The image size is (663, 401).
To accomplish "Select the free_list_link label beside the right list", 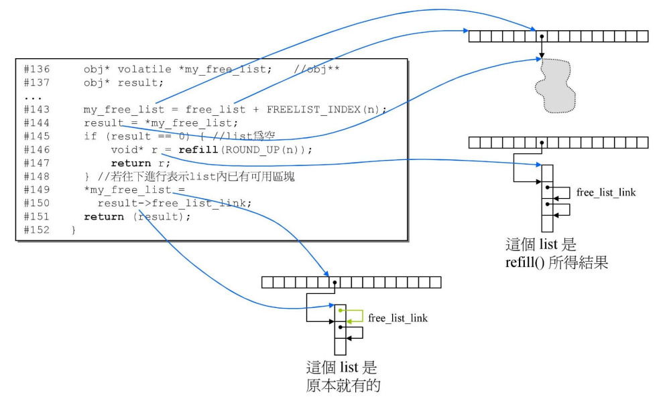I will (606, 193).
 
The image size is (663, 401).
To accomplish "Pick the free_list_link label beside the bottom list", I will (398, 318).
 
